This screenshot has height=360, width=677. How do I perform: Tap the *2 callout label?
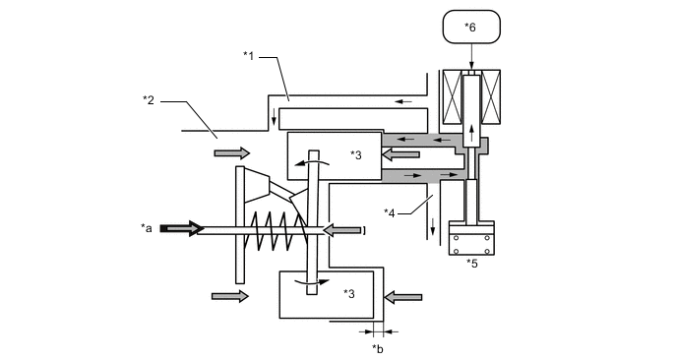[x=149, y=98]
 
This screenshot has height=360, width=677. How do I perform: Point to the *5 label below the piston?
[x=471, y=264]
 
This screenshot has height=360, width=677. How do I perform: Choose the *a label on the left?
[x=148, y=228]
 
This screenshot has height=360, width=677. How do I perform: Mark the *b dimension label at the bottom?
[x=378, y=348]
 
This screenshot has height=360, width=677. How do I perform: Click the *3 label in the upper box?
[x=356, y=154]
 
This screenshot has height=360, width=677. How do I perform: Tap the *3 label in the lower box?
[x=349, y=293]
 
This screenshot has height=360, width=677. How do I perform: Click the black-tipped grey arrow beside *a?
[x=179, y=228]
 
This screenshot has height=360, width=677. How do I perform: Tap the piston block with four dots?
[x=471, y=240]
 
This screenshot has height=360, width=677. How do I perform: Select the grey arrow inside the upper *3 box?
[x=400, y=153]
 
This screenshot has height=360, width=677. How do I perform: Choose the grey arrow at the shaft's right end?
[x=341, y=229]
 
